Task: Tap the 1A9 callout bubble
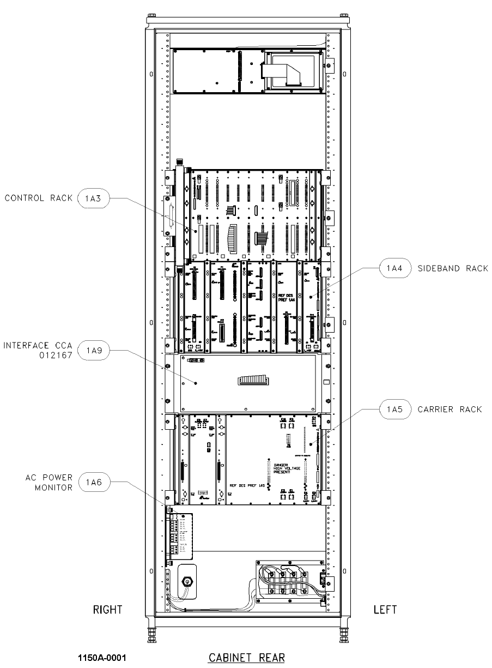(x=94, y=351)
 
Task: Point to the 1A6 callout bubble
(x=94, y=482)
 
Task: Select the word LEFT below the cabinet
(x=385, y=609)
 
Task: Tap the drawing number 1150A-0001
(x=104, y=658)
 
